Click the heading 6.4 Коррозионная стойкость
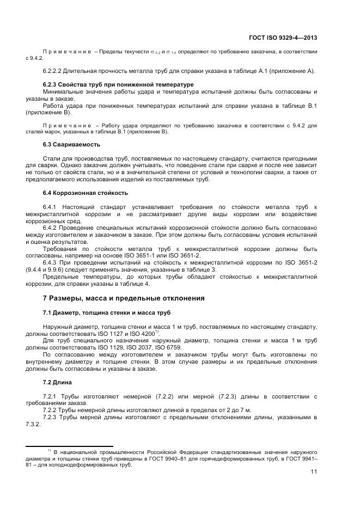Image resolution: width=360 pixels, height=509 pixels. pos(86,193)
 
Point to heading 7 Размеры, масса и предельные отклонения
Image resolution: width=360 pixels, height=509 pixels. pos(124,298)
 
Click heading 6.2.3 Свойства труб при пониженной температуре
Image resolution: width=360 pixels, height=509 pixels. pos(118,85)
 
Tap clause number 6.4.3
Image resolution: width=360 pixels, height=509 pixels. pos(51,262)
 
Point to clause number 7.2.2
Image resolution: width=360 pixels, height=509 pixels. pos(51,409)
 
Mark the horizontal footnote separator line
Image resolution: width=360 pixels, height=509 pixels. pos(69,446)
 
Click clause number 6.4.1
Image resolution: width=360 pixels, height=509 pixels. pos(51,207)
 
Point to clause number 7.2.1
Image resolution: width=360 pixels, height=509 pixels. pos(51,396)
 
